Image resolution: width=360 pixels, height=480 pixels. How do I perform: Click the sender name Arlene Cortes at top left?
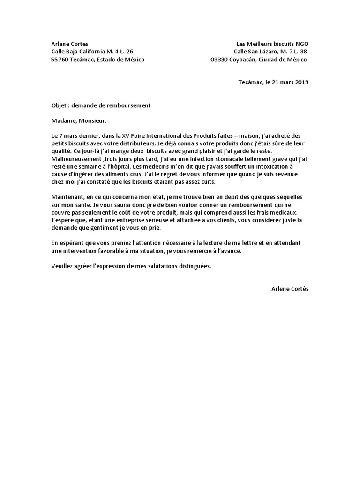pos(69,43)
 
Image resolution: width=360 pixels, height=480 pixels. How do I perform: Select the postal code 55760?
pos(60,60)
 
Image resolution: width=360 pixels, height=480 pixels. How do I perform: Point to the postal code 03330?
pos(219,60)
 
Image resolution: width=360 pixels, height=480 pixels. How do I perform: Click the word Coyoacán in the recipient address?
pos(247,60)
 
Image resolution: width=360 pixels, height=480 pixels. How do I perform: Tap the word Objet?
pos(59,105)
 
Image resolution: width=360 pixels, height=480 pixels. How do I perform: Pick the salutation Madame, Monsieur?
pos(79,121)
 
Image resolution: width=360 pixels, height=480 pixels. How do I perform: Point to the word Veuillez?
pos(63,266)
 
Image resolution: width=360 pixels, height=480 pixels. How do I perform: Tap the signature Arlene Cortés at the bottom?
pos(290,289)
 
